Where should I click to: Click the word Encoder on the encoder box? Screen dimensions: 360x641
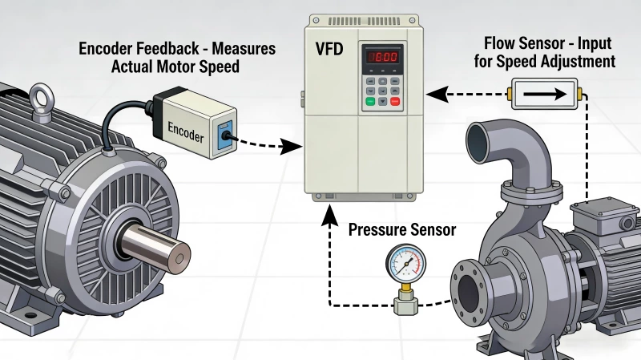point(187,129)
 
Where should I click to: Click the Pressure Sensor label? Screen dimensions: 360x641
point(402,230)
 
